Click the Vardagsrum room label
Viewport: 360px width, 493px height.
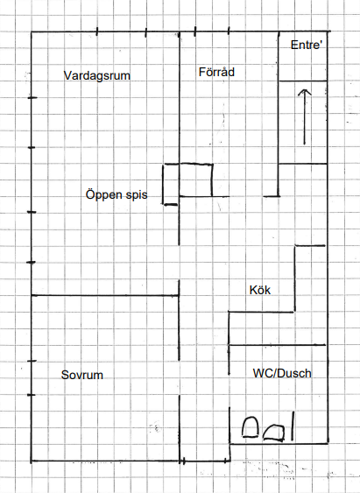(x=97, y=76)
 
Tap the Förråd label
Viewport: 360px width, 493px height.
(x=216, y=72)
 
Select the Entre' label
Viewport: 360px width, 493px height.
(x=307, y=45)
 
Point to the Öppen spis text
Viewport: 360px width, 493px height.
(x=116, y=194)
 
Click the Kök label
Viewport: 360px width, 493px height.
(x=260, y=290)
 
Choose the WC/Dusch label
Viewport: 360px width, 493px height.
(x=282, y=373)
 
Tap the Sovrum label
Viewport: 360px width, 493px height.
(x=82, y=375)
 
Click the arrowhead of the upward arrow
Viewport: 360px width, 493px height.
(x=304, y=92)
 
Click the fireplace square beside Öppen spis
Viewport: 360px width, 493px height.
(x=195, y=180)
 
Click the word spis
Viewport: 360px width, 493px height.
(x=137, y=195)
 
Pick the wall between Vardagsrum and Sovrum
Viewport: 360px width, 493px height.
(x=105, y=296)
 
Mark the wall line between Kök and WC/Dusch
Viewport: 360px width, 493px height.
(x=277, y=345)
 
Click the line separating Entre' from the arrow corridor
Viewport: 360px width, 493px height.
(x=303, y=81)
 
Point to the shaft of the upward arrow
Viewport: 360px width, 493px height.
(x=304, y=117)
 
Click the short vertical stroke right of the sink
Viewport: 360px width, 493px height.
(x=293, y=426)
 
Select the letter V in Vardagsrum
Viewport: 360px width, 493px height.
(x=67, y=75)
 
